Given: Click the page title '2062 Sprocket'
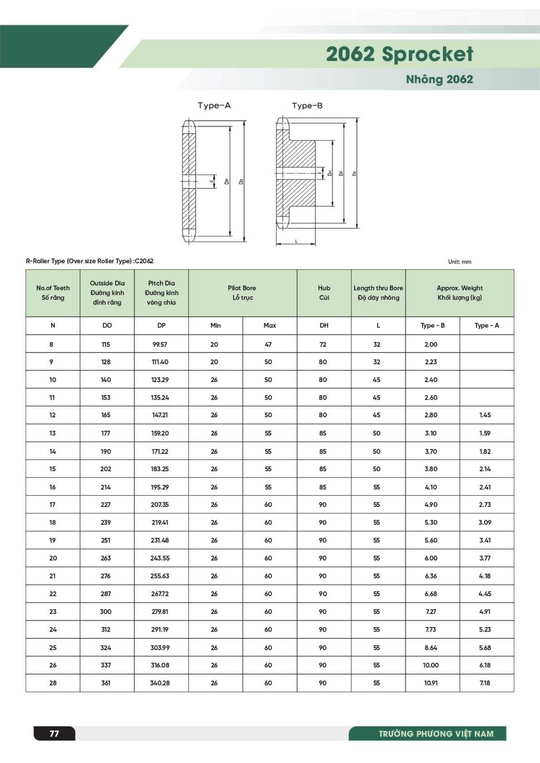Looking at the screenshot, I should pyautogui.click(x=399, y=54).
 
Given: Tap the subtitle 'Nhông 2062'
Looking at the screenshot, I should pyautogui.click(x=439, y=79).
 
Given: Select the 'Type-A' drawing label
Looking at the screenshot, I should pyautogui.click(x=214, y=106).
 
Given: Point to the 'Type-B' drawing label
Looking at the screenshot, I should pyautogui.click(x=307, y=106).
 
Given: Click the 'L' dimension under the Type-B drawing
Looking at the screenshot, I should pyautogui.click(x=297, y=241).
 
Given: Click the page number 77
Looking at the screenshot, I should pyautogui.click(x=54, y=733).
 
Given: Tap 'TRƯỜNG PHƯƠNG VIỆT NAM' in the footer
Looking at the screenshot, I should pyautogui.click(x=436, y=734).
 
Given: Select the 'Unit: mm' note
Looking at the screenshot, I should pyautogui.click(x=459, y=261).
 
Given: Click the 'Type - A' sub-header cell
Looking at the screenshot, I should pyautogui.click(x=486, y=325).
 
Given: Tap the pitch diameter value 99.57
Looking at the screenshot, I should pyautogui.click(x=160, y=344).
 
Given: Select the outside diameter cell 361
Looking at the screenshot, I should pyautogui.click(x=106, y=683).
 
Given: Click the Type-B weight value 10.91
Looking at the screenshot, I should pyautogui.click(x=431, y=683).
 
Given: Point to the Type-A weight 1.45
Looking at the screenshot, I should pyautogui.click(x=485, y=415).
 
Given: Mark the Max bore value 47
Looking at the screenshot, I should pyautogui.click(x=268, y=344).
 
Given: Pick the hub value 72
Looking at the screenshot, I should pyautogui.click(x=323, y=344).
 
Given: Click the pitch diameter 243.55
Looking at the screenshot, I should pyautogui.click(x=160, y=558).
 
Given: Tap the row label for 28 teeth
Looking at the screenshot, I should pyautogui.click(x=53, y=683).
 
